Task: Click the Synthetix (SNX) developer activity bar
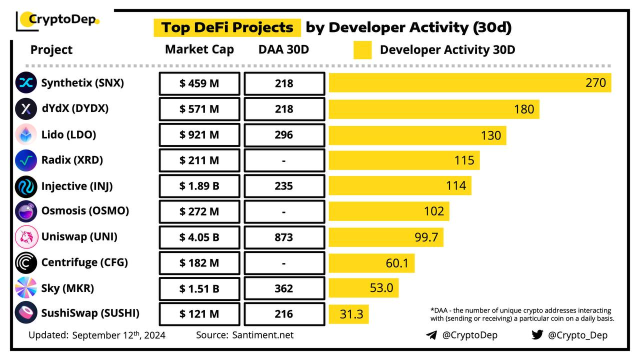[x=470, y=83]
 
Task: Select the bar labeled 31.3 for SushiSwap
[x=348, y=314]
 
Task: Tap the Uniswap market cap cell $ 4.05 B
[x=199, y=237]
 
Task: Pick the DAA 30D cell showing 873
[x=284, y=237]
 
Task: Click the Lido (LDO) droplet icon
[x=26, y=134]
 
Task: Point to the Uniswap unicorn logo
[x=26, y=237]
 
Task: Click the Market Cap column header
[x=199, y=49]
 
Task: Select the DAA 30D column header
[x=283, y=49]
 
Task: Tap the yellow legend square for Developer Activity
[x=362, y=50]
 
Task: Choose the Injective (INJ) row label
[x=77, y=186]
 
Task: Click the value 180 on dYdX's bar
[x=524, y=109]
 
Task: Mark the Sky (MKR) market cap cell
[x=199, y=288]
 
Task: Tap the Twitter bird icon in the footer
[x=537, y=334]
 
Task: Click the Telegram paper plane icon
[x=431, y=335]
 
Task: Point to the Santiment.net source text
[x=263, y=335]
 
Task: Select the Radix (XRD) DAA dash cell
[x=284, y=160]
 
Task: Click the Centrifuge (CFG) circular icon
[x=26, y=263]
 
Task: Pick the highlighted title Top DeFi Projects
[x=227, y=27]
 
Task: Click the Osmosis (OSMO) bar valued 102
[x=389, y=211]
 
